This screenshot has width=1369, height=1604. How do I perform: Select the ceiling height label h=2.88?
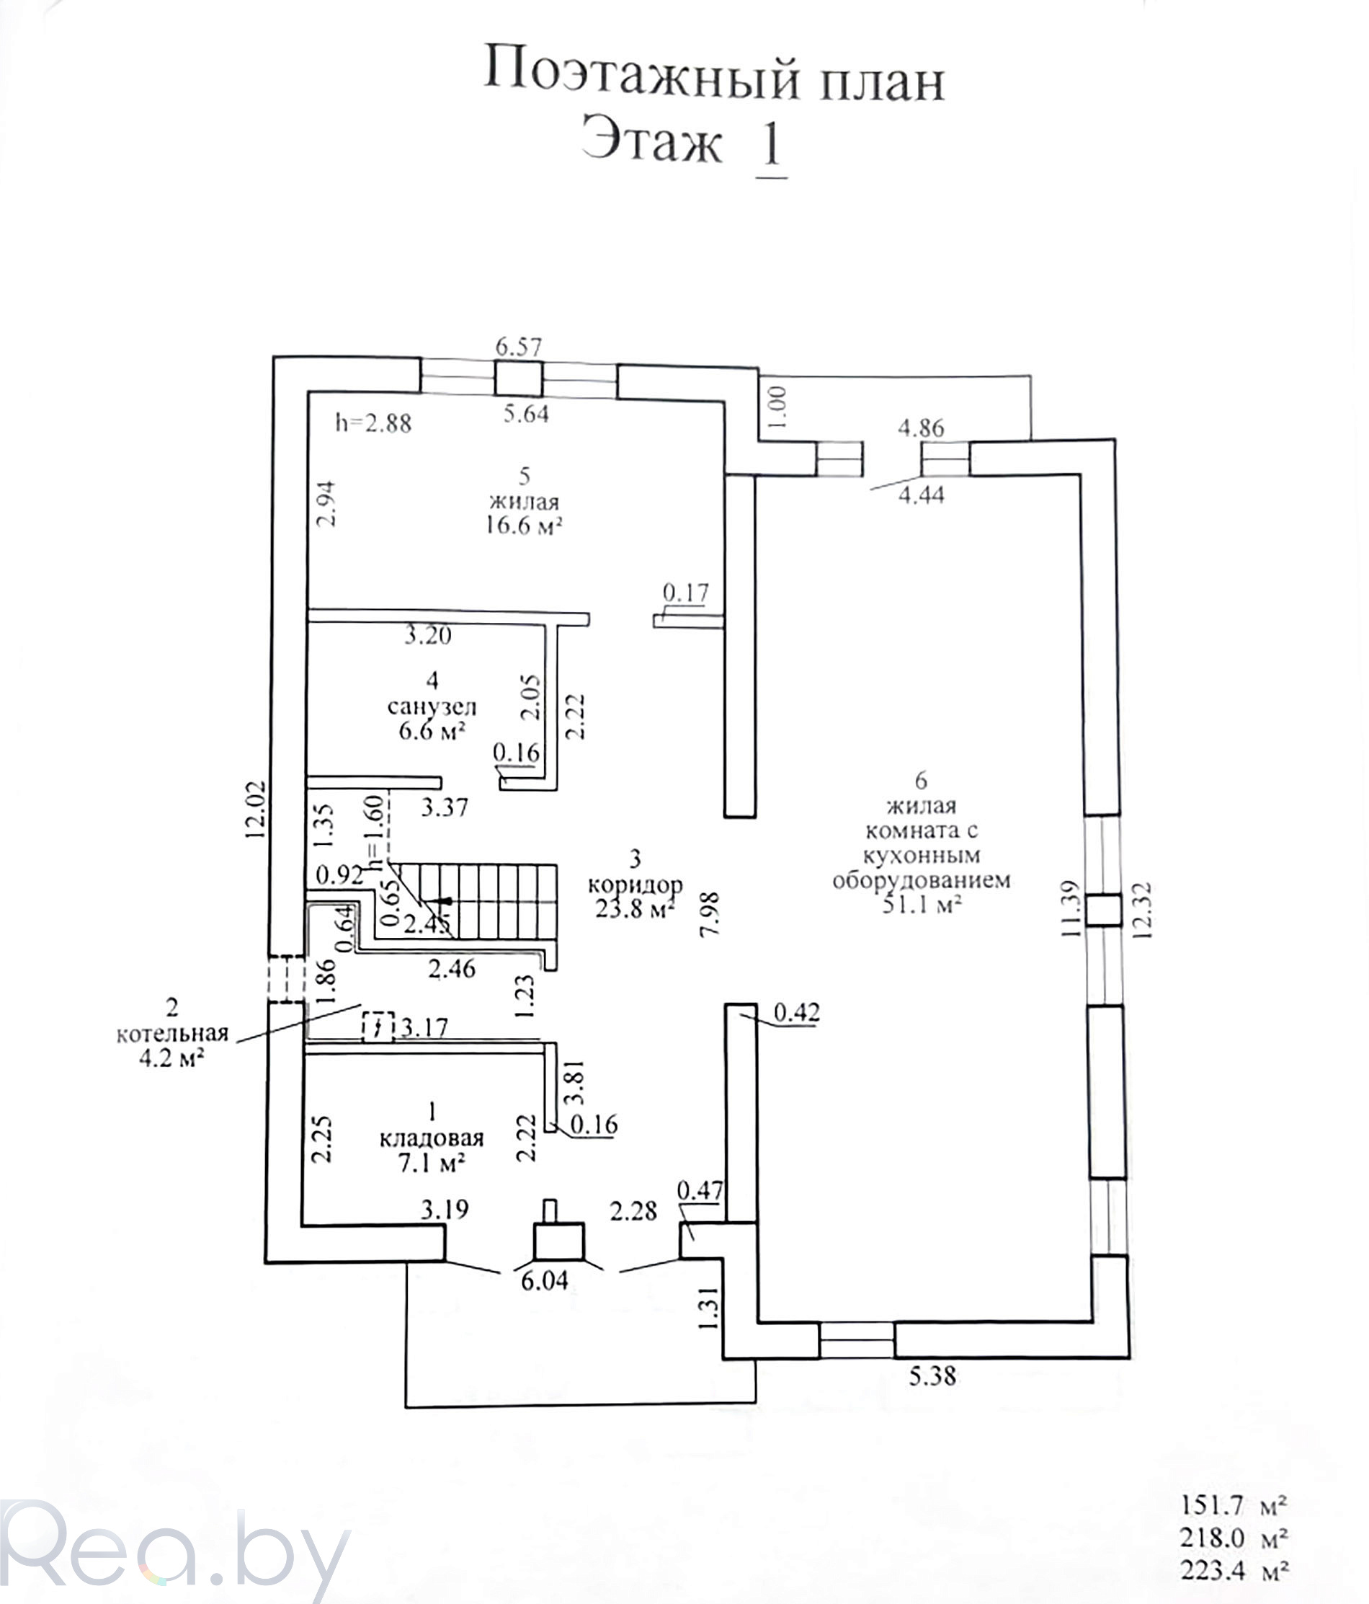point(373,423)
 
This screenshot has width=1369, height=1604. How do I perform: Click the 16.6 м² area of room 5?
point(523,527)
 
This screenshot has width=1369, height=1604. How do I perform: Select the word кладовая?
point(431,1138)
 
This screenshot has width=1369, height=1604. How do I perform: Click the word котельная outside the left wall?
point(173,1034)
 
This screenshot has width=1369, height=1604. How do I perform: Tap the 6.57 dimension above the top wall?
point(519,347)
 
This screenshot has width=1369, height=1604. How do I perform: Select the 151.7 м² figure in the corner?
point(1234,1506)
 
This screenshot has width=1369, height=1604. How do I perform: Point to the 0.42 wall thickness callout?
point(796,1014)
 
